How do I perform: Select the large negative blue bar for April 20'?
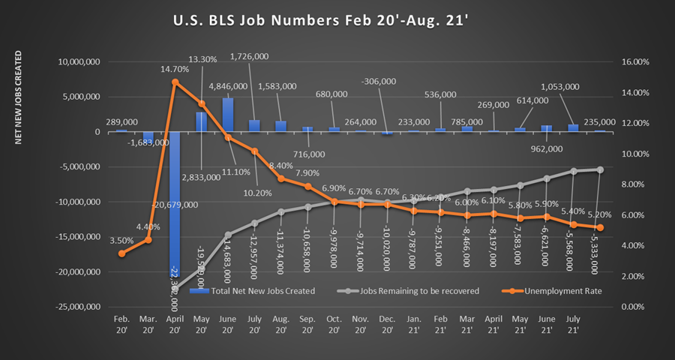point(175,210)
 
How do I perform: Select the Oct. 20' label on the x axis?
point(334,323)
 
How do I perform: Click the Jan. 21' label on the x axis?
point(414,323)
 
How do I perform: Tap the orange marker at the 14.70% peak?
point(175,82)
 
